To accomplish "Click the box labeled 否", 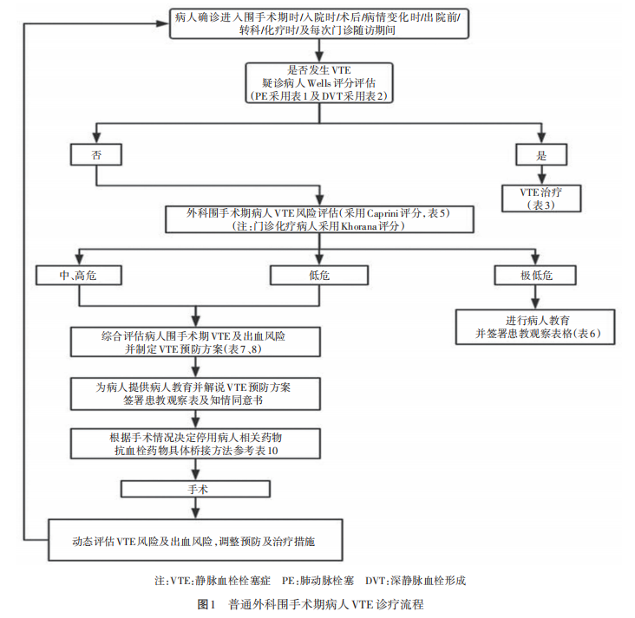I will (x=95, y=154).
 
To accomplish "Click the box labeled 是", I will (x=541, y=154).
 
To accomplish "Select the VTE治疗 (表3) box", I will (x=541, y=198).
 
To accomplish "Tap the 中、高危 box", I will (x=79, y=275).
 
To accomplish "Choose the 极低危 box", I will (x=535, y=275).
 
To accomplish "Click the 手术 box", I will (x=198, y=490).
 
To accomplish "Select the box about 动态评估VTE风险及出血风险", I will (x=198, y=541).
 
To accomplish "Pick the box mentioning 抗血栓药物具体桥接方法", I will (x=198, y=445).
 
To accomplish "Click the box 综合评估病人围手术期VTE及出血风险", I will (x=198, y=342).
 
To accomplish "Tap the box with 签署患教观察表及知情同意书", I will (x=198, y=394).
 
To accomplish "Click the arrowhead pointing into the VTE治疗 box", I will (x=541, y=179).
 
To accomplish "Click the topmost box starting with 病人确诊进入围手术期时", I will (x=321, y=24).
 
